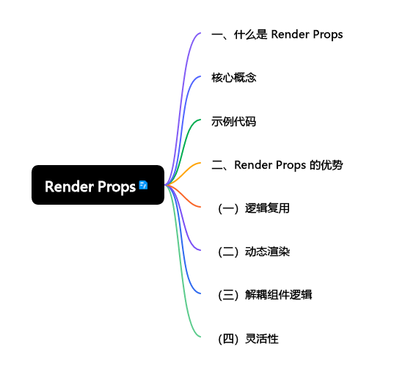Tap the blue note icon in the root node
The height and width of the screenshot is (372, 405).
(143, 185)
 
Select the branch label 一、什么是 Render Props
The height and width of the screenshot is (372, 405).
(277, 34)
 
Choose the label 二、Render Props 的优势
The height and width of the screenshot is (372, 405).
(277, 164)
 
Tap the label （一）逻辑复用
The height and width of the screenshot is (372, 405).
(253, 208)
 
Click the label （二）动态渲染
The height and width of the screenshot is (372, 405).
(253, 252)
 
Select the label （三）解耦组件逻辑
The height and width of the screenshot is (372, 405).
(264, 295)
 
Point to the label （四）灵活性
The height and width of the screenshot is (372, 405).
(247, 338)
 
